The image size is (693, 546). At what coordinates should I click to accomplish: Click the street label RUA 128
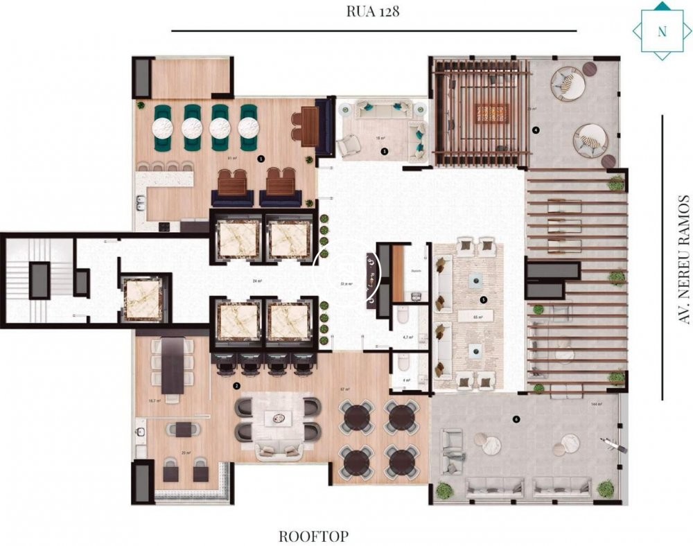tap(374, 12)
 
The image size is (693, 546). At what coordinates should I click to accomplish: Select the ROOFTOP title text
tap(313, 536)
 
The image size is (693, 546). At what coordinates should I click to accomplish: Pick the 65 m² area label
tap(477, 317)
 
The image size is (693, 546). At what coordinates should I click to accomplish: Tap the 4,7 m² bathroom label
tap(408, 337)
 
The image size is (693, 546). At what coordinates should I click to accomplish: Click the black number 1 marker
tap(261, 158)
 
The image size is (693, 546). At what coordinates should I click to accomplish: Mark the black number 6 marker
tap(516, 419)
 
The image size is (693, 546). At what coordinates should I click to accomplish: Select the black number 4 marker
tap(536, 130)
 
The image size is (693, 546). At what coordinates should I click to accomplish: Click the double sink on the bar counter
tap(141, 203)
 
